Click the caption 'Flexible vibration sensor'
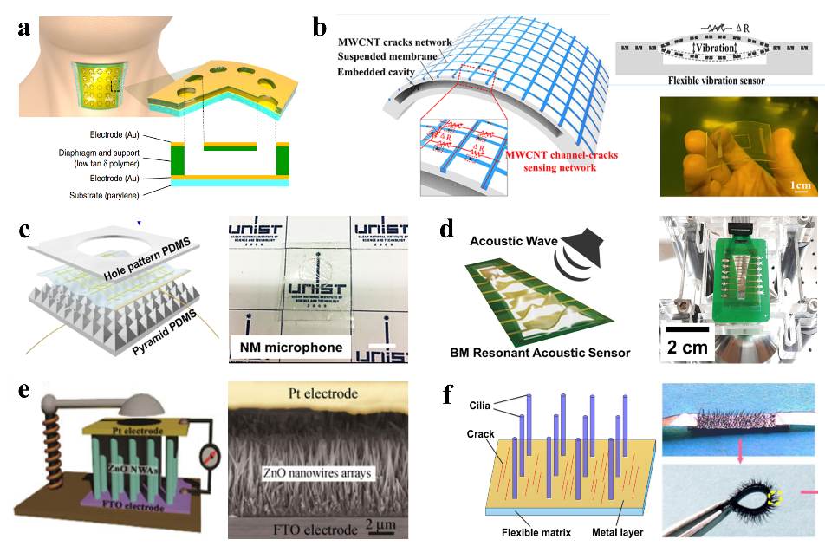[x=713, y=81]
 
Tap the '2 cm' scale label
[x=685, y=347]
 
